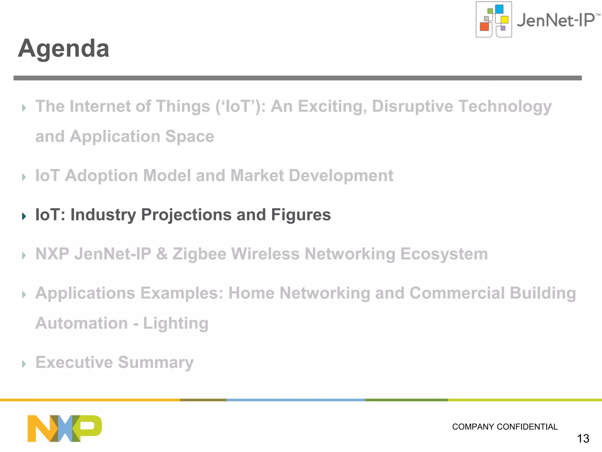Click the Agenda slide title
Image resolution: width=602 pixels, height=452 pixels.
(63, 48)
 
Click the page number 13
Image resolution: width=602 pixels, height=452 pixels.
(583, 438)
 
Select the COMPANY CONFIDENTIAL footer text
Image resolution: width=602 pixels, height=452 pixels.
(504, 427)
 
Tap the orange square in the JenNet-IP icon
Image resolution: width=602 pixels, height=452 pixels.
(484, 26)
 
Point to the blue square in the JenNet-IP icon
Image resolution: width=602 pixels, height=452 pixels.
(499, 9)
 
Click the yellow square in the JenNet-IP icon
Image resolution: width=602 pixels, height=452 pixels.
(504, 20)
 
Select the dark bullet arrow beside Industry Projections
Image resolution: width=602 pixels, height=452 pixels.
(24, 216)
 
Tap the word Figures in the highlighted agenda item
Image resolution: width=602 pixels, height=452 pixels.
(301, 215)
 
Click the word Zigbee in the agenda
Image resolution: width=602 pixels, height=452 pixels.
(199, 254)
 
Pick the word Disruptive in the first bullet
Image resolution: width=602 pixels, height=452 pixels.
(412, 106)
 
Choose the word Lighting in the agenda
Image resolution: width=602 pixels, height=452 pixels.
(175, 323)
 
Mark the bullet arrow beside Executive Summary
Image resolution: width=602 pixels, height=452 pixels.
(24, 364)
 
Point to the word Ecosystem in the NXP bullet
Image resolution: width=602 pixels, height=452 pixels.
(444, 254)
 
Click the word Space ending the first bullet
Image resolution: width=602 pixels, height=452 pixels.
(190, 137)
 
